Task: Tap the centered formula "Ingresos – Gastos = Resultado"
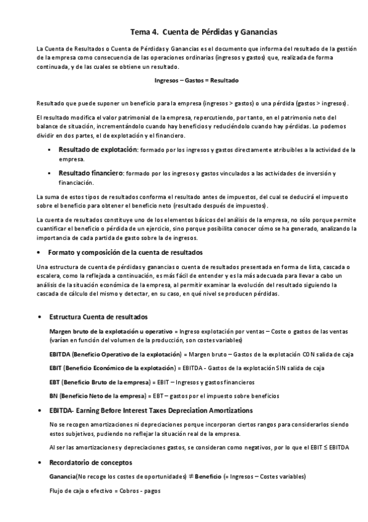pos(197,81)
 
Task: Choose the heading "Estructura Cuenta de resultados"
pos(98,316)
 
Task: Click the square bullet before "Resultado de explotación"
pos(50,150)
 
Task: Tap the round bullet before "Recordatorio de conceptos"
pos(40,462)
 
